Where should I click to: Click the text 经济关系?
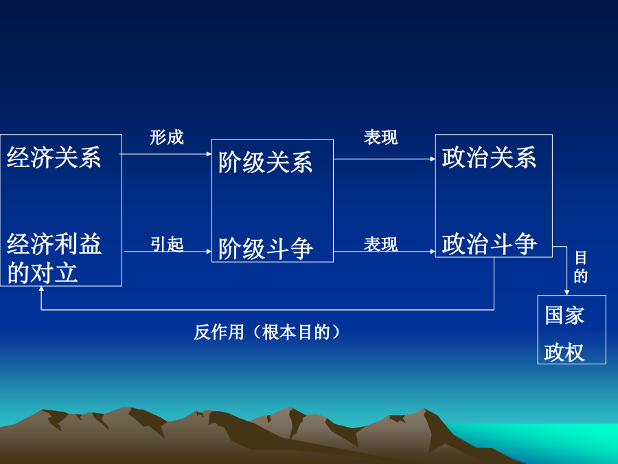54,157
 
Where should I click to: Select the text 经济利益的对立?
54,258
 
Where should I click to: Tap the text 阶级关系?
266,162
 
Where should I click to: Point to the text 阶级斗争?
266,249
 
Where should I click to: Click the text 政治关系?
489,157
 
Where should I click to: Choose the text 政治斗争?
489,244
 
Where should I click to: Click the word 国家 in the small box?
564,316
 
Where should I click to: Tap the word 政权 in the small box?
564,352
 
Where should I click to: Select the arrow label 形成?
167,137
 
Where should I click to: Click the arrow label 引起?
167,244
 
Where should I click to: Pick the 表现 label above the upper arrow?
380,137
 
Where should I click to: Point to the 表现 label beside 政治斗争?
380,244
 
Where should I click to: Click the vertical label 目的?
580,267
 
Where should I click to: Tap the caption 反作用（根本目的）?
267,332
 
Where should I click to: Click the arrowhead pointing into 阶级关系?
209,154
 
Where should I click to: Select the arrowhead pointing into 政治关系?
433,159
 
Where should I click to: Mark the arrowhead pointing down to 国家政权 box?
566,292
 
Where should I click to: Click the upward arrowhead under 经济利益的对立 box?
41,289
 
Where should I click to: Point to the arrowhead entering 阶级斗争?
209,251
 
